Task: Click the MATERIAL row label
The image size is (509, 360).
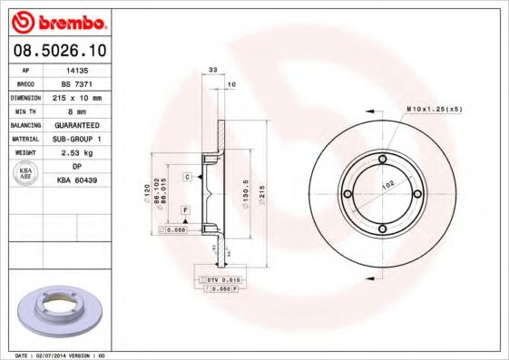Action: pyautogui.click(x=24, y=138)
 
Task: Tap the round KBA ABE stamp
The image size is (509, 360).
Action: pyautogui.click(x=25, y=173)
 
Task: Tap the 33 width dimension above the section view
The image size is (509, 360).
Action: pyautogui.click(x=213, y=70)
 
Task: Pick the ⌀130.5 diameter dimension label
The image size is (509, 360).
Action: pyautogui.click(x=246, y=194)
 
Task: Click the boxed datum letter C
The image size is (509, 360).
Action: pyautogui.click(x=186, y=176)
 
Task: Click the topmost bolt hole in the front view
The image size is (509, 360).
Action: pyautogui.click(x=382, y=161)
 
